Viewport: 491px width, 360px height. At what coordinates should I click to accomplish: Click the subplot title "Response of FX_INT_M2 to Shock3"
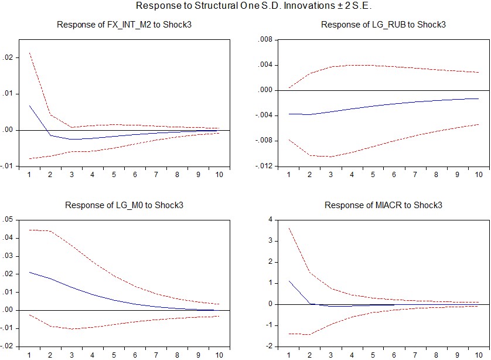(x=124, y=25)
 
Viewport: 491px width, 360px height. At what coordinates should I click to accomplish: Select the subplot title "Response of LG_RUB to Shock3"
(x=383, y=25)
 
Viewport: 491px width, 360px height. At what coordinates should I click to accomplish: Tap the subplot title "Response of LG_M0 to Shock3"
(x=124, y=205)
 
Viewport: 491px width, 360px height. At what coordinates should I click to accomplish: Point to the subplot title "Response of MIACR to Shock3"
(x=383, y=205)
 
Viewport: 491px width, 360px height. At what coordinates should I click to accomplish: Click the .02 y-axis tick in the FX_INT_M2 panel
(x=8, y=57)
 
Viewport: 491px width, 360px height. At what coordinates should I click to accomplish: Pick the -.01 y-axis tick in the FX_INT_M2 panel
(x=6, y=166)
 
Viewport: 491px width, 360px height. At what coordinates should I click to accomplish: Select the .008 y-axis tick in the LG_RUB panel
(x=265, y=40)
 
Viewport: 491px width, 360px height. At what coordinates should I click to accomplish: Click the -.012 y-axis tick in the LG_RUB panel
(x=264, y=166)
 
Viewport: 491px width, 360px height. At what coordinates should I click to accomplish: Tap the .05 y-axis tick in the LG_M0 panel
(x=8, y=220)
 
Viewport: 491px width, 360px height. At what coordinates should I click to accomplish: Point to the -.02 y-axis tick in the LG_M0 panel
(x=6, y=346)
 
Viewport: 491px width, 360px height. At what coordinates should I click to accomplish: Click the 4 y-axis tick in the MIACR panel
(x=270, y=220)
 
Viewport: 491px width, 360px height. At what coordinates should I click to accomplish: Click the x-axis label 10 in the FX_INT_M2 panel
(x=219, y=175)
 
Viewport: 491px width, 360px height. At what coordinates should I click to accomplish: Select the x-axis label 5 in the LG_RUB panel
(x=373, y=175)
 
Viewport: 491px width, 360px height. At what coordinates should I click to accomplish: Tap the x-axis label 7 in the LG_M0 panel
(x=156, y=355)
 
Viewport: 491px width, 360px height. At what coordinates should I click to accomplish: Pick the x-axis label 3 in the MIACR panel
(x=330, y=355)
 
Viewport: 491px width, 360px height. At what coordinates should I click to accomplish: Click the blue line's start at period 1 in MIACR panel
(x=289, y=281)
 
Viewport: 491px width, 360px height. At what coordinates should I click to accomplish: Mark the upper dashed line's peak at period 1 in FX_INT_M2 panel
(x=29, y=53)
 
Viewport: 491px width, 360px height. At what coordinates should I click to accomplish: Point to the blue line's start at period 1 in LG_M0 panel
(x=29, y=272)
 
